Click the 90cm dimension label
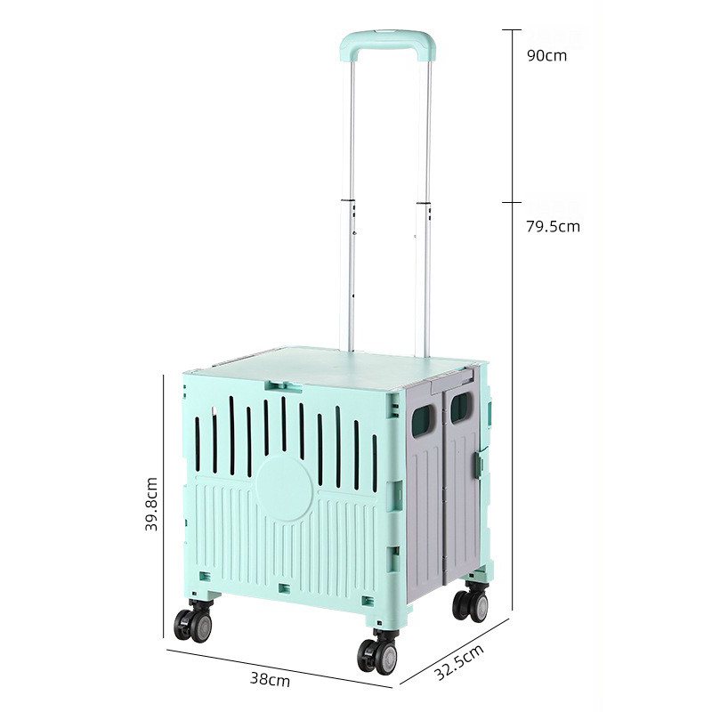[x=546, y=55]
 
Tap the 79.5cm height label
[x=553, y=226]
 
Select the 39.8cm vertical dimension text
[x=150, y=504]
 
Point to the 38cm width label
[x=270, y=680]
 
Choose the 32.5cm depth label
[x=459, y=662]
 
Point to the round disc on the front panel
[x=284, y=488]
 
